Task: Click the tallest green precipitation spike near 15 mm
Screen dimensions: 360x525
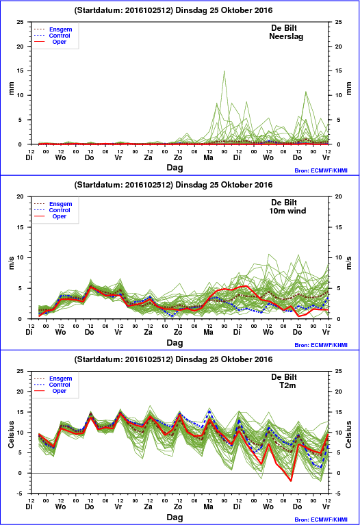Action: pos(224,71)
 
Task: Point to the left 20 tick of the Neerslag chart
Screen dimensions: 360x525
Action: pos(21,47)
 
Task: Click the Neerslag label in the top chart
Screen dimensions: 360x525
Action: pos(286,36)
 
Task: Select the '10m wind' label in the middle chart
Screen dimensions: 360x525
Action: pos(287,211)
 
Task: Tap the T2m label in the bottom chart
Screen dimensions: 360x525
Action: pos(287,385)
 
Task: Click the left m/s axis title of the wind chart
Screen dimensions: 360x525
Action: pos(12,263)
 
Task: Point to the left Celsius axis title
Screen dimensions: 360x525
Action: pos(12,434)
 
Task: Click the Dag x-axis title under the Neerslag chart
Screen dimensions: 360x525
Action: pos(175,168)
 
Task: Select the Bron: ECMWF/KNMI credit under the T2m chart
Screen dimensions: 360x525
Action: pos(321,520)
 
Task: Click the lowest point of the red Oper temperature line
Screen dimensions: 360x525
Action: pos(291,481)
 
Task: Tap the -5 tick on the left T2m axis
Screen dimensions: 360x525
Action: pos(21,494)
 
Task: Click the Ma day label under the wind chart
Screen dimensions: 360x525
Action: pos(208,332)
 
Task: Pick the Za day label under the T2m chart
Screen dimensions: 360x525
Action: pos(148,507)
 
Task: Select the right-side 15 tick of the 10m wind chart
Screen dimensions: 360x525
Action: pos(339,227)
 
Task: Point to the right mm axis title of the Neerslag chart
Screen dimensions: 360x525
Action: pos(349,88)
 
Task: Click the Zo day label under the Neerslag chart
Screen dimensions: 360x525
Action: pos(178,157)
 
